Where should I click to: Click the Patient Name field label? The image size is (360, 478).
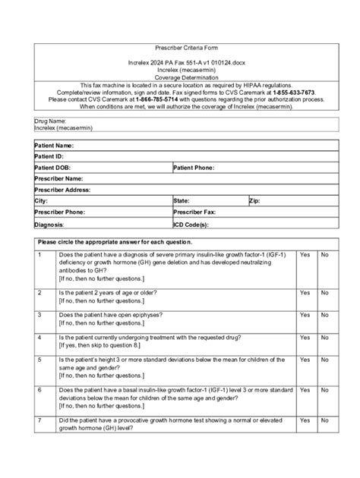point(54,145)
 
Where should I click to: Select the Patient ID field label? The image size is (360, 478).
point(49,156)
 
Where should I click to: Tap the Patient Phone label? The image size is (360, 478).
point(197,168)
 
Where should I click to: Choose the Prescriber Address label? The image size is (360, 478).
point(62,190)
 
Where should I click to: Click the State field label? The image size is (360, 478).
point(182,201)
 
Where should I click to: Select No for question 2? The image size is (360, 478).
point(325,292)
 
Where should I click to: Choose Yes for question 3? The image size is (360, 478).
point(305,314)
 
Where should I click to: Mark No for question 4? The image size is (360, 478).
point(325,337)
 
